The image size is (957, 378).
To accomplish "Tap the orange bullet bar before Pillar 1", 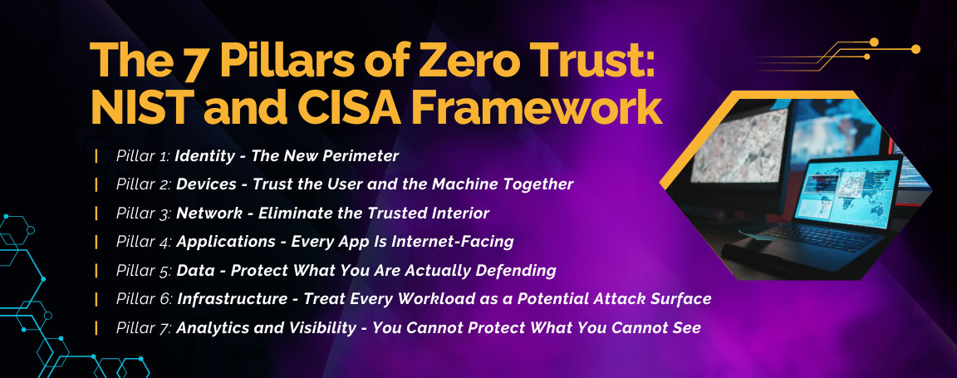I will pos(97,155).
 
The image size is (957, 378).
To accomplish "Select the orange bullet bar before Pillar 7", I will pos(97,327).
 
